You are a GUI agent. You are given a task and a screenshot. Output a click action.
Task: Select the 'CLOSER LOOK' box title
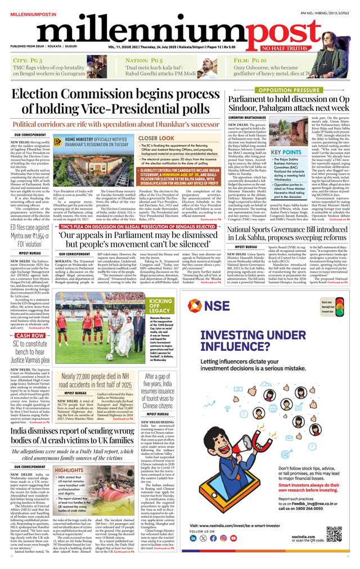click(x=156, y=138)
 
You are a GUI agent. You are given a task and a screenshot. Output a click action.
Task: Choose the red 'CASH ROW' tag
click(x=28, y=336)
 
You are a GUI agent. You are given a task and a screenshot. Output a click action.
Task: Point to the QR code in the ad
click(x=333, y=534)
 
